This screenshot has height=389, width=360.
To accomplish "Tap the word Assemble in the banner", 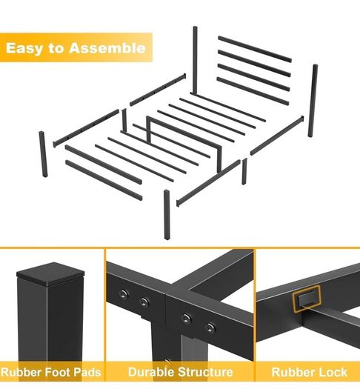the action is [107, 47].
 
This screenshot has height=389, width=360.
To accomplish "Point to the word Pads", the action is [87, 372].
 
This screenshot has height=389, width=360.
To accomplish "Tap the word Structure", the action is [205, 372].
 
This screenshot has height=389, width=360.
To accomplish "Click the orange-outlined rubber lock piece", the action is [307, 299].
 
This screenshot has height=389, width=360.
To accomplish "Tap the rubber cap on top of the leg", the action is [50, 273].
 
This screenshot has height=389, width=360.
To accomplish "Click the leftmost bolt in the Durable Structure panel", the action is [124, 294].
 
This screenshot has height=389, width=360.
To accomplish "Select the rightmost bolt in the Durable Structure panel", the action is [210, 328].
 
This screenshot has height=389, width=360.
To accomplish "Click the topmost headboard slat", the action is [255, 49].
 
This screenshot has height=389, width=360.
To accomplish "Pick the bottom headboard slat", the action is [253, 91].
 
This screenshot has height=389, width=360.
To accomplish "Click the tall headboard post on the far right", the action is [313, 101].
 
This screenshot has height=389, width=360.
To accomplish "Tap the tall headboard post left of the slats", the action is [196, 60].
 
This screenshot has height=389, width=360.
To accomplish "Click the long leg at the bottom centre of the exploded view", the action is [167, 215].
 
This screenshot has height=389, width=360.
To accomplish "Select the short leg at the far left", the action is [43, 154].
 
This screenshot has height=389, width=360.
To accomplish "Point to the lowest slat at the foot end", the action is [104, 180].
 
